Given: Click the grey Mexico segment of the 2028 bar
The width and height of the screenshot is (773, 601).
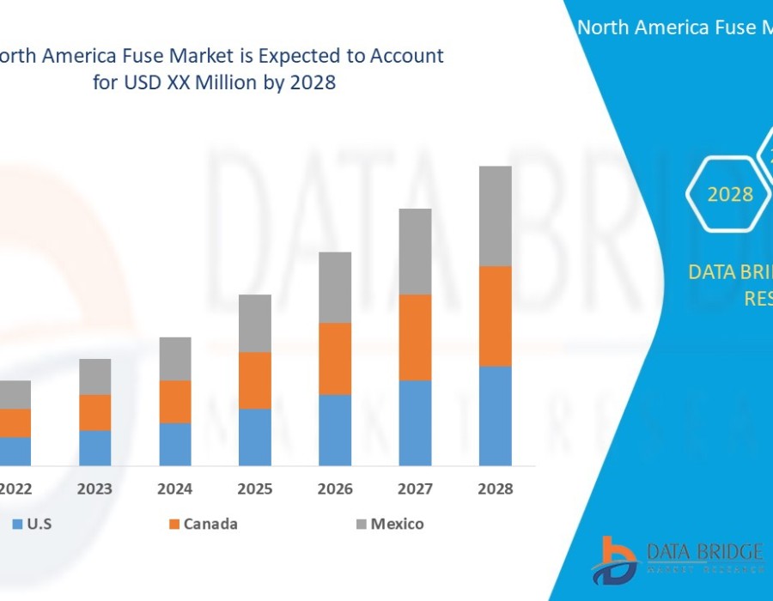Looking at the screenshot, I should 495,216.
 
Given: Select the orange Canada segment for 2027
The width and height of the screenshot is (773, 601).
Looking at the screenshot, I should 415,337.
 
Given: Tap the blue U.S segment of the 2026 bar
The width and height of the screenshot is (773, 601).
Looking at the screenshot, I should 335,430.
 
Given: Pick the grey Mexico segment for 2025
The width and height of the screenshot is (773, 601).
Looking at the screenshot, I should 255,323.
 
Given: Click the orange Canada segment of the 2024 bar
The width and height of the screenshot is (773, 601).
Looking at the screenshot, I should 175,402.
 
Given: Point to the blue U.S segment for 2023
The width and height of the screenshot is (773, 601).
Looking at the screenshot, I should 95,447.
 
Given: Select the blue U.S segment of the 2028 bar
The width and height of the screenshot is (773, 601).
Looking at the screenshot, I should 495,416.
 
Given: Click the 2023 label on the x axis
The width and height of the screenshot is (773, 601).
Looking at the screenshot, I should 95,489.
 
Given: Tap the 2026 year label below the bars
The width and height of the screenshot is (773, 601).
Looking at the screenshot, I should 335,489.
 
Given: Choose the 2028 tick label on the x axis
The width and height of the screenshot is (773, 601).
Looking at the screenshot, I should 495,489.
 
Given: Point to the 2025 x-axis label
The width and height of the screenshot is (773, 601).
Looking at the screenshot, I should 255,489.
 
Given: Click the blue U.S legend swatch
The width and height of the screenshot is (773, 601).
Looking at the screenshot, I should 16,524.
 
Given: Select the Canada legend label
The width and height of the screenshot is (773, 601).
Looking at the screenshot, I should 211,524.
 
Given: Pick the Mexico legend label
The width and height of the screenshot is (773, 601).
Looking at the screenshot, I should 397,524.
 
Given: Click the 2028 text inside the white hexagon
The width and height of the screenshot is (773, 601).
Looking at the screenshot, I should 730,195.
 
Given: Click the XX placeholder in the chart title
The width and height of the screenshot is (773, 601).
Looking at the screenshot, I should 192,83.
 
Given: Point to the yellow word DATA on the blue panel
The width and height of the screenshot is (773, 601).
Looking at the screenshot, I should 709,272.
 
